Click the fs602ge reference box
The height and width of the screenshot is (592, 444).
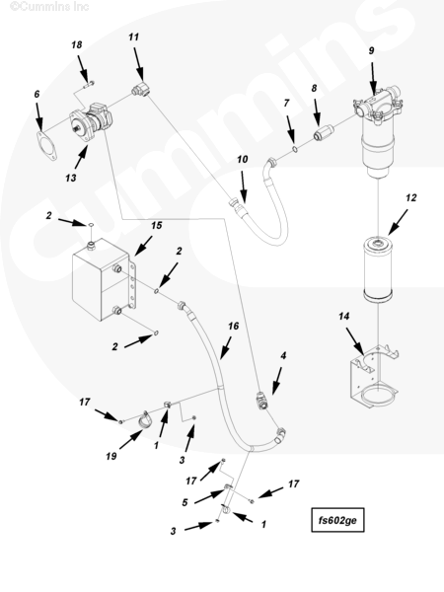337,520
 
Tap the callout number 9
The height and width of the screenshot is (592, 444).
371,50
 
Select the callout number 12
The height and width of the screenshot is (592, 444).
410,198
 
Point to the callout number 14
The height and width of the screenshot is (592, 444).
343,316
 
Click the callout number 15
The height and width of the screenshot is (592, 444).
156,225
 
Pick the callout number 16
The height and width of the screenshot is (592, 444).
233,326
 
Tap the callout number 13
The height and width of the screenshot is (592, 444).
71,178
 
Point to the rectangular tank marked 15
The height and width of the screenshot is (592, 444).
102,278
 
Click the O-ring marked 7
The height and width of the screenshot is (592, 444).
295,150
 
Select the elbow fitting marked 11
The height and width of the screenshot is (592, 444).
140,90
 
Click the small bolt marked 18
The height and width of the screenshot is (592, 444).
89,85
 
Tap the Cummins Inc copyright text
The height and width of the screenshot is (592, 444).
49,6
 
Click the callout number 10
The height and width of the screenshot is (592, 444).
242,159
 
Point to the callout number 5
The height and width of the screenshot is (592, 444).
185,503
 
